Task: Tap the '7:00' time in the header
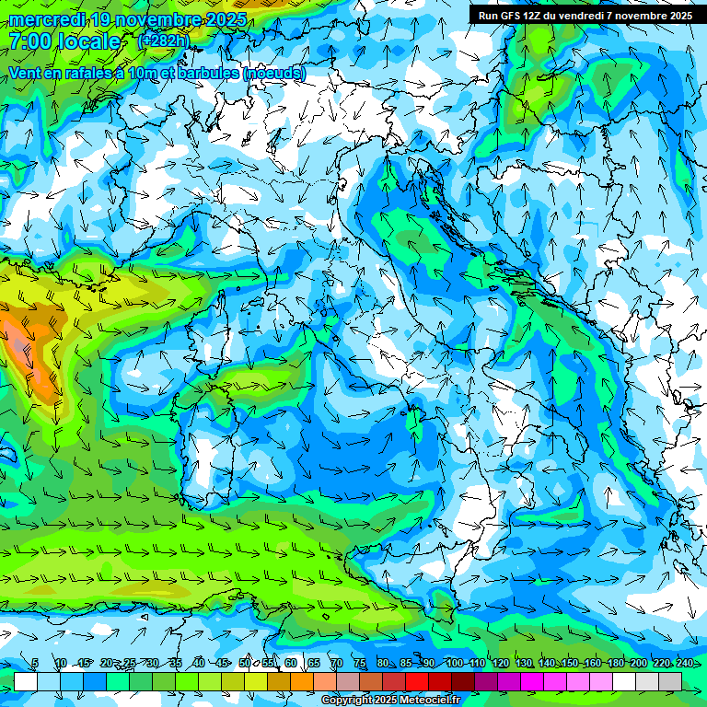tap(32, 41)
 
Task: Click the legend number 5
tap(34, 663)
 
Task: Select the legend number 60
tap(290, 663)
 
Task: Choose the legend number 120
tap(501, 663)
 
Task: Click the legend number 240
tap(684, 663)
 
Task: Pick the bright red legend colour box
tap(417, 681)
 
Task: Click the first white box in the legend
tap(26, 681)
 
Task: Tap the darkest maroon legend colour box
tap(463, 681)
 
